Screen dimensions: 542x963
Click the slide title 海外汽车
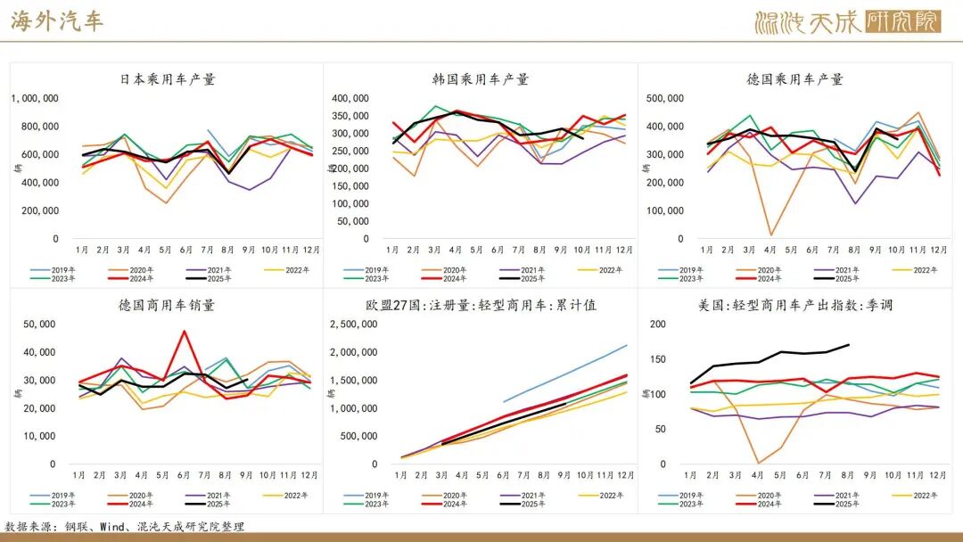point(57,21)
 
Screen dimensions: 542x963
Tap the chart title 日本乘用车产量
point(168,79)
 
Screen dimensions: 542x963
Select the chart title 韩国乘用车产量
point(481,79)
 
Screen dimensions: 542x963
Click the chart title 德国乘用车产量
point(794,79)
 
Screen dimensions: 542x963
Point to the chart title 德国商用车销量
point(167,305)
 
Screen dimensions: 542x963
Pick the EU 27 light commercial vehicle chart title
point(481,305)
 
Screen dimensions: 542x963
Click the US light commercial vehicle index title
point(795,305)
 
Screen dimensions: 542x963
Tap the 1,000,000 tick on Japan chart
point(35,99)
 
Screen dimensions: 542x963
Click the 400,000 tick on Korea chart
point(350,99)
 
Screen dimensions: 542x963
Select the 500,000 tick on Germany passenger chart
point(664,99)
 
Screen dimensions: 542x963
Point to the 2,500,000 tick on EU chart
point(352,324)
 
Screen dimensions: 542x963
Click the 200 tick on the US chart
point(658,324)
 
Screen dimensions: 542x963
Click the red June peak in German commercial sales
point(185,332)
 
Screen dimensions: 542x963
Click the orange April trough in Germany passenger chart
point(770,235)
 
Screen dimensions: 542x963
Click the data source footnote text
point(125,527)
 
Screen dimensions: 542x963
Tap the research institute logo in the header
point(847,21)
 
